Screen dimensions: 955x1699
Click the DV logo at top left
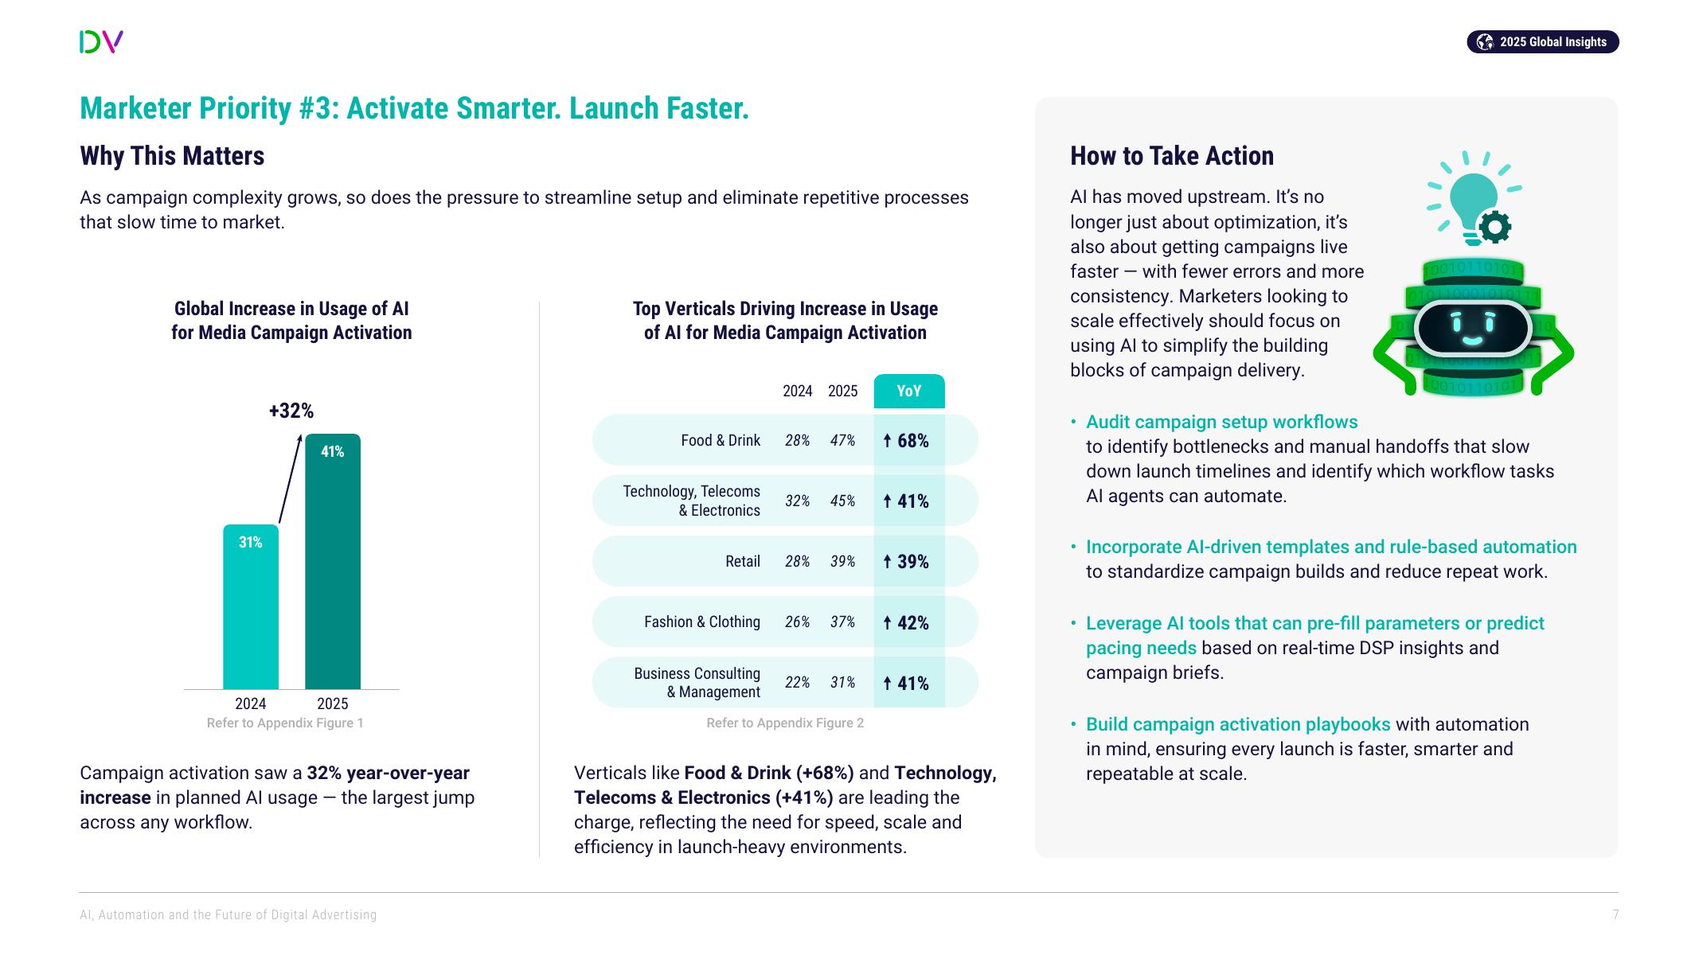tap(101, 41)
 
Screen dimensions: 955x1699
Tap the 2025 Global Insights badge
tap(1542, 42)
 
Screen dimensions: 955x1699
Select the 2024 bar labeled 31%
tap(251, 606)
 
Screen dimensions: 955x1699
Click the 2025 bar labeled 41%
tap(333, 561)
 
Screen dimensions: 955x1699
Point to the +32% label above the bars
tap(291, 411)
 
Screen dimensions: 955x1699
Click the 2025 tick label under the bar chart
tap(333, 704)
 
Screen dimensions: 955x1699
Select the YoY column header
tap(908, 391)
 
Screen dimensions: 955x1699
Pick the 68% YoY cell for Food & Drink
tap(908, 441)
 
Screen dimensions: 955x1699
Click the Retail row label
tap(743, 562)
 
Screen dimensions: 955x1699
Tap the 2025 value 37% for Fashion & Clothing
tap(842, 622)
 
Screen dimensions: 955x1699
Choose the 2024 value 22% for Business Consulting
tap(797, 683)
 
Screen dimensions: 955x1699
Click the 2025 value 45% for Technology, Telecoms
tap(842, 501)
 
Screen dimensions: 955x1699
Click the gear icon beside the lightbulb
tap(1495, 228)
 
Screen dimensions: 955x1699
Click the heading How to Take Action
tap(1171, 156)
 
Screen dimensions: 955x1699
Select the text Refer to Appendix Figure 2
tap(785, 723)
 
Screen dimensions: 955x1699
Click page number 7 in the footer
tap(1615, 915)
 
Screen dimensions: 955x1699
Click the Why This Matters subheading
tap(172, 156)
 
